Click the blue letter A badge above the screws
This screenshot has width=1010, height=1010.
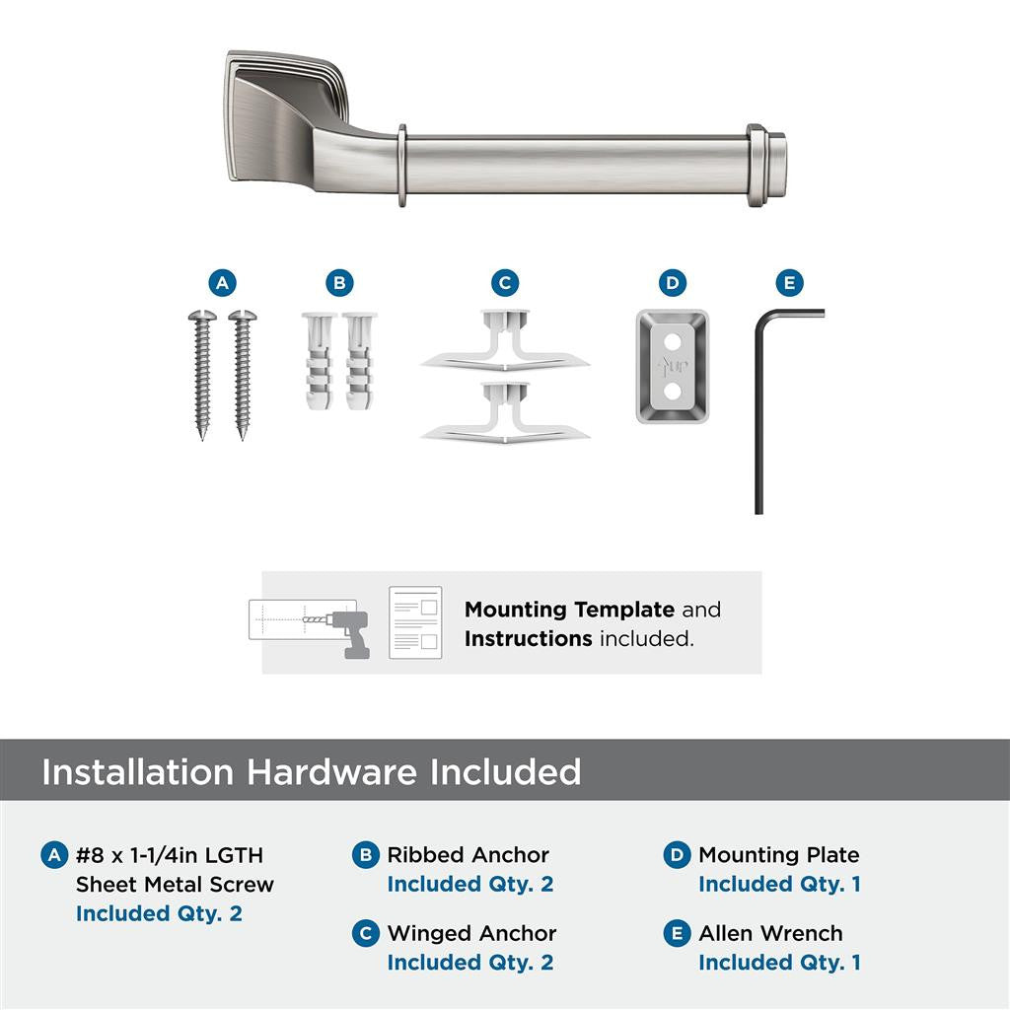click(x=223, y=284)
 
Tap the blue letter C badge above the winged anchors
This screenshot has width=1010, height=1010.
click(x=505, y=284)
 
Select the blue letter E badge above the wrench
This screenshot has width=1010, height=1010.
click(x=788, y=284)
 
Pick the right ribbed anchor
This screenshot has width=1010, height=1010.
click(x=360, y=362)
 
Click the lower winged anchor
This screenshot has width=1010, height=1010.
click(x=505, y=412)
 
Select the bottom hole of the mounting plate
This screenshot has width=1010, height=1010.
click(x=673, y=392)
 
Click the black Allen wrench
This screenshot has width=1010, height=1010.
click(x=759, y=414)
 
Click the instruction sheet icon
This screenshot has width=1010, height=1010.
click(x=414, y=622)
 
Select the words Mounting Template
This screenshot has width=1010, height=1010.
click(x=569, y=610)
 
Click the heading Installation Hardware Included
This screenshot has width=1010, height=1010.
click(x=311, y=771)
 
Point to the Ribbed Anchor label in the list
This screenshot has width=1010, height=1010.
click(x=468, y=855)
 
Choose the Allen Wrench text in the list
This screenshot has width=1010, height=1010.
click(x=770, y=933)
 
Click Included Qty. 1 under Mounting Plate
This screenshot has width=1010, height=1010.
click(x=779, y=885)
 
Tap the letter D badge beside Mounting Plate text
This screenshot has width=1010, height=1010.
click(x=677, y=855)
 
